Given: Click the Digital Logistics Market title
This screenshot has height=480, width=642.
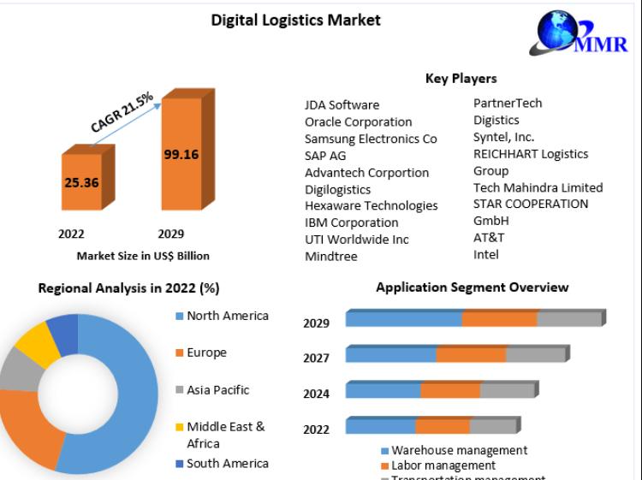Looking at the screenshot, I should coord(295,20).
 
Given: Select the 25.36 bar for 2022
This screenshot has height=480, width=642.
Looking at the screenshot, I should coord(80,181).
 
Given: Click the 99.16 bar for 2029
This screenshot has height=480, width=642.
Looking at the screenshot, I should coord(181,154).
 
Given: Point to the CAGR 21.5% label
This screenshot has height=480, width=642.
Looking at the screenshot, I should coord(122,112).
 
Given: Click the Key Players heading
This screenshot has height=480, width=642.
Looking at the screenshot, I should coord(461,79).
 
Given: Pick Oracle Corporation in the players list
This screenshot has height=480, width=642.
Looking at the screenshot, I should coord(358,121).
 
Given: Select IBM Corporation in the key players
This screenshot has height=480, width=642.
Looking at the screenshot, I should coord(352,222).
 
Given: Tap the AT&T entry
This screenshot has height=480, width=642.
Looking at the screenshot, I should coord(489,237).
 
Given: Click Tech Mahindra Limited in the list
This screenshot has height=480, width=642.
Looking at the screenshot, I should coord(538,187).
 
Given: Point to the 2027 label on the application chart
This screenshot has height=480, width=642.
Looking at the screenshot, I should coord(316,359).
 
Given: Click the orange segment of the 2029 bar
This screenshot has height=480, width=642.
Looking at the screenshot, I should coord(499,319).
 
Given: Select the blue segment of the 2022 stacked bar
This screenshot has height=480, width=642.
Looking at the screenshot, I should coord(380,426).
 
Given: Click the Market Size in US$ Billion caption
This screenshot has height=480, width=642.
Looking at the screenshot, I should coord(143,255).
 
